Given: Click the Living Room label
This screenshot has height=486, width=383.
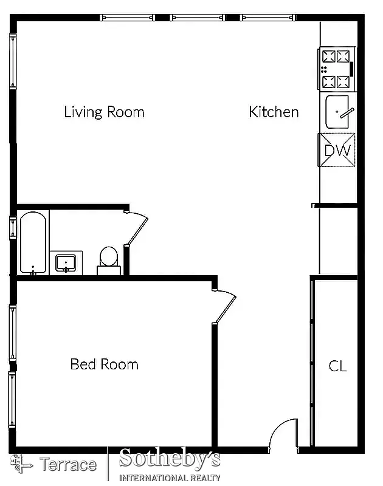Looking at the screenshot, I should pos(104,112).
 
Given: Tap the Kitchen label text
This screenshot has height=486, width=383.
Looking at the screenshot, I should pos(274,112).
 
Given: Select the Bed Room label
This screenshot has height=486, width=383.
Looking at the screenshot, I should pos(104,364).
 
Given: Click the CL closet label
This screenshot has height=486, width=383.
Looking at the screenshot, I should pos(337,366).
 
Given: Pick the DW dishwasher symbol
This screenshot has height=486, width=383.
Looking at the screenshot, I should pos(337,150).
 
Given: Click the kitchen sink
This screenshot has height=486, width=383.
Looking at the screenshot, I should pos(337,112).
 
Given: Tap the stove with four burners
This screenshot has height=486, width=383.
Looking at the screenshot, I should pos(337,69).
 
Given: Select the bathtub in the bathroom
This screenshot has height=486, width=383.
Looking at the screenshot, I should pos(33,242).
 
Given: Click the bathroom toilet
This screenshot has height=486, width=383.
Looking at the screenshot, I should pos(109,259).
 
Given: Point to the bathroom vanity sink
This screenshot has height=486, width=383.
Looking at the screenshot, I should pos(65,263).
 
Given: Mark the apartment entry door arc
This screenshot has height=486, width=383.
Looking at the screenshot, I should pos(283,434).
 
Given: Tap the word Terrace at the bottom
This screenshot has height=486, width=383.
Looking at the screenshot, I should pos(68,465).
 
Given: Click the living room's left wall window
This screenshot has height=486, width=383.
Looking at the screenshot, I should pos(12,61).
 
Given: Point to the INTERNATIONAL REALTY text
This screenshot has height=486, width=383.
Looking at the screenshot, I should pos(170,477).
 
